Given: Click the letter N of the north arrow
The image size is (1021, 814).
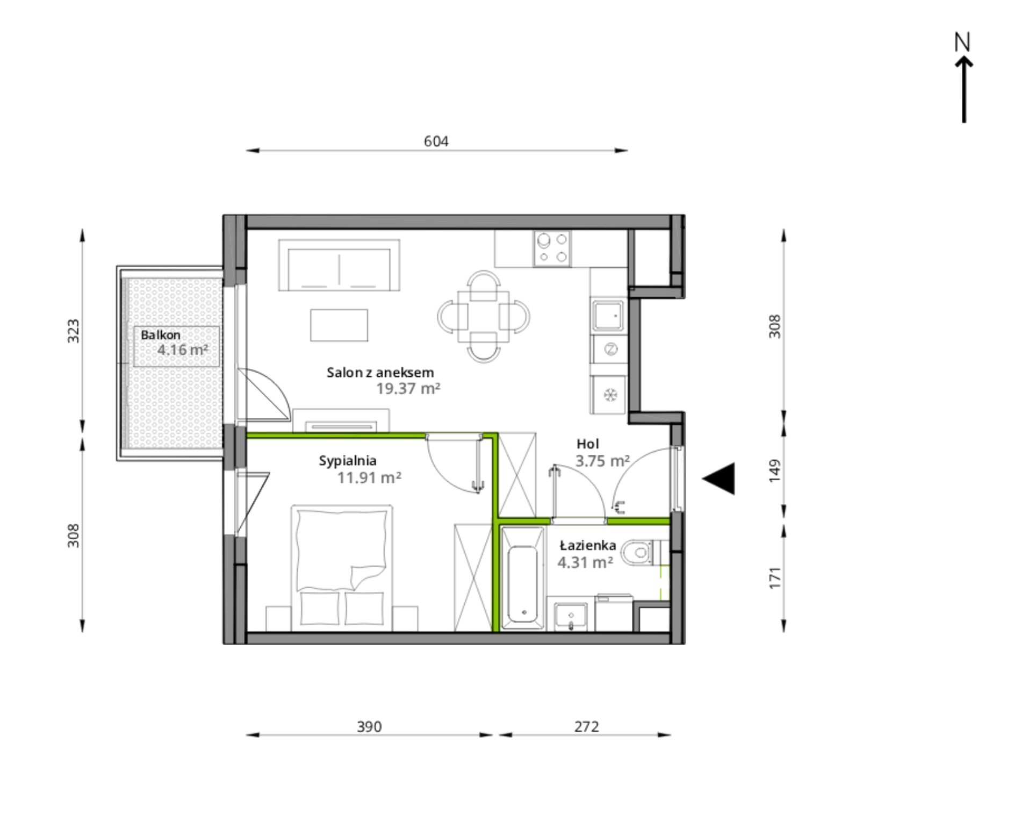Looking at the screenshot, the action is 962,42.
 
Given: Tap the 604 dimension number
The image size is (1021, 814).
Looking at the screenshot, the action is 436,141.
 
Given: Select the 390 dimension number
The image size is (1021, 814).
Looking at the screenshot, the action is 369,727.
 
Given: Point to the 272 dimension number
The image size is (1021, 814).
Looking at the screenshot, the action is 586,727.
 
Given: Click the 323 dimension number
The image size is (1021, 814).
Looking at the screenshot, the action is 74,331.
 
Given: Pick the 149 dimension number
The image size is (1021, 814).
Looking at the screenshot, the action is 774,470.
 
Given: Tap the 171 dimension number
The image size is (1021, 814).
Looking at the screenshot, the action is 774,577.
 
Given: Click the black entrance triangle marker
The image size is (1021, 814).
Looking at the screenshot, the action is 718,479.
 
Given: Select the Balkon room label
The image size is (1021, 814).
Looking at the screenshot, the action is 161,335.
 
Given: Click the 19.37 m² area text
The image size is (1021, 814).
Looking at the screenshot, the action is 408,388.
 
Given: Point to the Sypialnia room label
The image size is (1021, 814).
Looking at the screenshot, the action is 348,461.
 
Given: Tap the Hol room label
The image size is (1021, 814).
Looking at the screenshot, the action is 588,444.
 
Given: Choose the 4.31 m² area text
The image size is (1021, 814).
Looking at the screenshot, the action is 586,562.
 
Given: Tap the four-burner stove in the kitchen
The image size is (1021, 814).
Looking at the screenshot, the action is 552,248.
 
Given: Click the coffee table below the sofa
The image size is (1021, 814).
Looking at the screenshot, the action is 339,325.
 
